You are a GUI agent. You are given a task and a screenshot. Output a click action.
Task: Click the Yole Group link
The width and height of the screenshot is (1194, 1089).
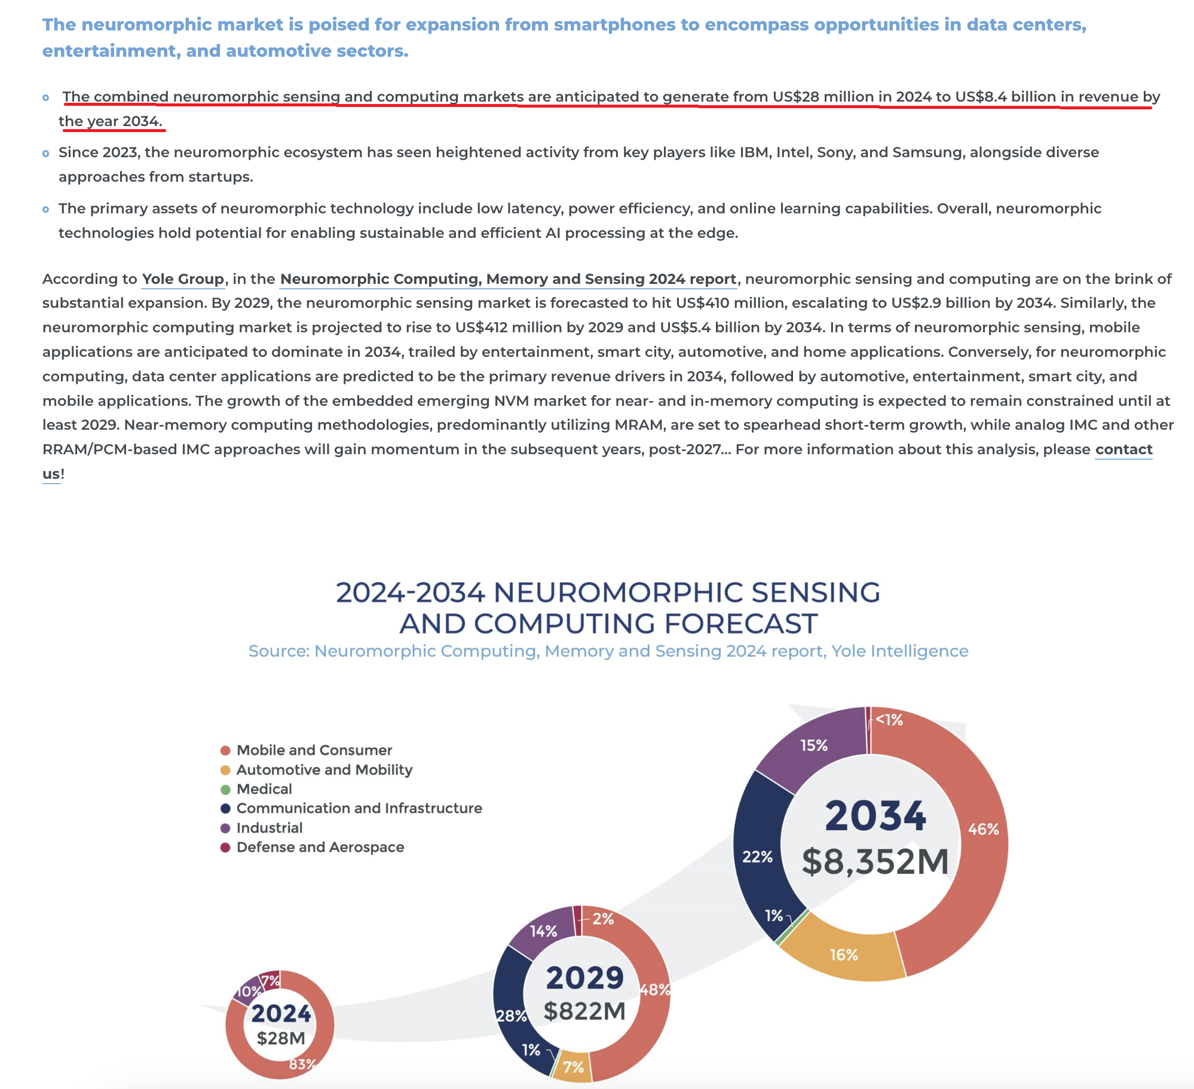click(x=183, y=279)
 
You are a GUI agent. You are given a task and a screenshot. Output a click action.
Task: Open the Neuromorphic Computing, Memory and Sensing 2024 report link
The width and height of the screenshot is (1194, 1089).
click(x=508, y=279)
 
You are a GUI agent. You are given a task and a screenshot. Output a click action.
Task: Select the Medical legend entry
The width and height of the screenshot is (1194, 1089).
click(x=264, y=789)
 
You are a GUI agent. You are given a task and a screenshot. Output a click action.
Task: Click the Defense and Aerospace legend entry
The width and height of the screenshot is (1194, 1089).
click(x=320, y=847)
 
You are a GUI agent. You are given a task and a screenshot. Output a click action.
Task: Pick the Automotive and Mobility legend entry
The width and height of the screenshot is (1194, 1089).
click(x=324, y=770)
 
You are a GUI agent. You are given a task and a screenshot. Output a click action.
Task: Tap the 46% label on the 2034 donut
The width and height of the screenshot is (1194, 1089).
click(x=983, y=829)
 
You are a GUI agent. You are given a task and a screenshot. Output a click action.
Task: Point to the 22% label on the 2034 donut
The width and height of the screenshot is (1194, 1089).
click(x=757, y=856)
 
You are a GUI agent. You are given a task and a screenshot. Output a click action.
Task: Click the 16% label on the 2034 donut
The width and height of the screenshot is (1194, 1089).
click(x=844, y=955)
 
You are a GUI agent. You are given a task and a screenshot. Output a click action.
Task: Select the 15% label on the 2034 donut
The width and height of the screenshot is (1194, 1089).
click(x=814, y=745)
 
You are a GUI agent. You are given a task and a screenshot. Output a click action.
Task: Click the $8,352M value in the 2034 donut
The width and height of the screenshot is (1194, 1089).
click(x=875, y=861)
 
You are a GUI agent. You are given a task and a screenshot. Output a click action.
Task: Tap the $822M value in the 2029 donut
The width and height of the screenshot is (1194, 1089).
click(x=584, y=1011)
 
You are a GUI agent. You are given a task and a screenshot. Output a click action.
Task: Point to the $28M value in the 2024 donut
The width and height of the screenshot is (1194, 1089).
click(x=281, y=1038)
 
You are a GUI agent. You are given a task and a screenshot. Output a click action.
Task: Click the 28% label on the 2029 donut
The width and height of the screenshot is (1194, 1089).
click(x=512, y=1015)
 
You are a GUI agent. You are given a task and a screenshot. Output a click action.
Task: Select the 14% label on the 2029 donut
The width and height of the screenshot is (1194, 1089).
click(x=543, y=931)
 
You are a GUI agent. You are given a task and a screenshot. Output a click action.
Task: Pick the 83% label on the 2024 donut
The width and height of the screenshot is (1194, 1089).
click(x=302, y=1064)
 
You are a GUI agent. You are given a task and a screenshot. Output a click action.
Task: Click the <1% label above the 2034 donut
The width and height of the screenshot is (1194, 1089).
click(x=889, y=720)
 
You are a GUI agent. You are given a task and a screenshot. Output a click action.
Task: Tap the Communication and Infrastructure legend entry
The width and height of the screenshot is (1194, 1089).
click(x=359, y=808)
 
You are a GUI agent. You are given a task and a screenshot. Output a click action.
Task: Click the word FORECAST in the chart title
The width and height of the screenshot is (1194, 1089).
click(x=740, y=623)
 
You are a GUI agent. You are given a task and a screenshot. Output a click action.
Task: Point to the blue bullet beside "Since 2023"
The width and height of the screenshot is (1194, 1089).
click(x=46, y=154)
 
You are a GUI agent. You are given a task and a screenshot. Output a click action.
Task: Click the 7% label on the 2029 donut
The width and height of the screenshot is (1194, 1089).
click(x=573, y=1067)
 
